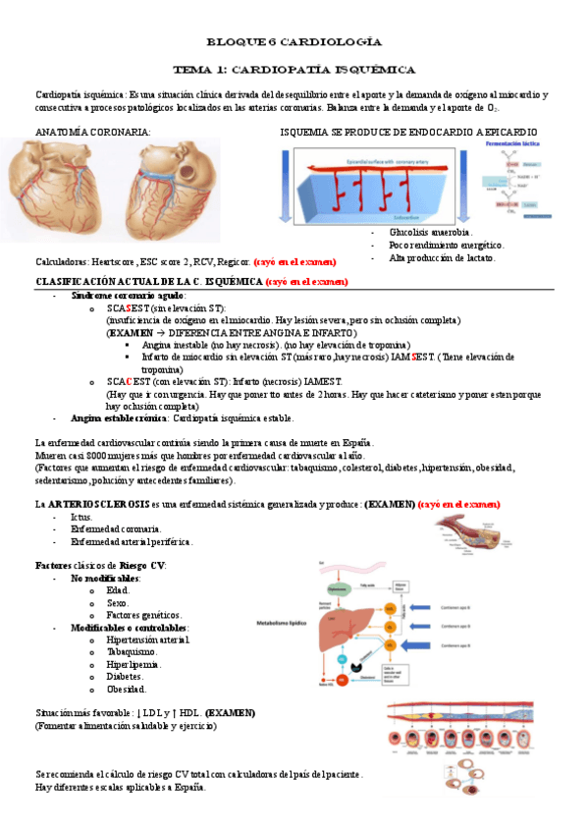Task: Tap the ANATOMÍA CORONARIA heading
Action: click(93, 131)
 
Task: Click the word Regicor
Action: click(232, 262)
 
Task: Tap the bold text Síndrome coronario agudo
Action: click(129, 296)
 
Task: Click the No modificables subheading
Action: click(105, 578)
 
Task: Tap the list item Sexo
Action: click(117, 602)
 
